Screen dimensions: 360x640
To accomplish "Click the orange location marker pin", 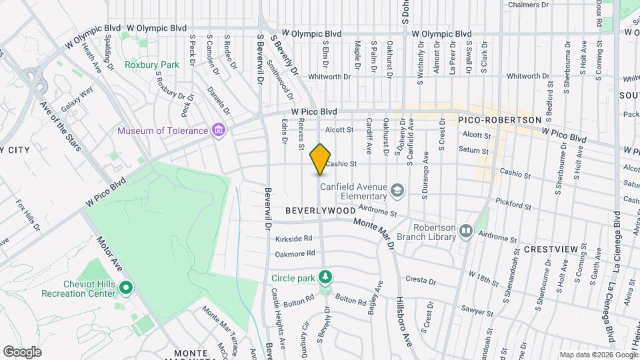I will (x=321, y=159).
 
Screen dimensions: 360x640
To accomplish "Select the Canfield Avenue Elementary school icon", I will (x=397, y=191).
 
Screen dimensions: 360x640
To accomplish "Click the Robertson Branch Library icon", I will (x=465, y=231).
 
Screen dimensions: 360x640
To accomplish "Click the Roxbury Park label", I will (x=152, y=65).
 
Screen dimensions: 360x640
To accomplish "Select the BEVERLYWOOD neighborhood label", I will (x=320, y=210).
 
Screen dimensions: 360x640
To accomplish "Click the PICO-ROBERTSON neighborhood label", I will (x=500, y=119).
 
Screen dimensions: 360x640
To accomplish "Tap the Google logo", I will (x=22, y=351).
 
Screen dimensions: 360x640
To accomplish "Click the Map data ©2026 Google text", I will (x=598, y=355).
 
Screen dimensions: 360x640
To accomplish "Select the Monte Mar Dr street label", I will (x=374, y=234).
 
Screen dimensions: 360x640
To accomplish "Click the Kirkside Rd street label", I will (x=294, y=238).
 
